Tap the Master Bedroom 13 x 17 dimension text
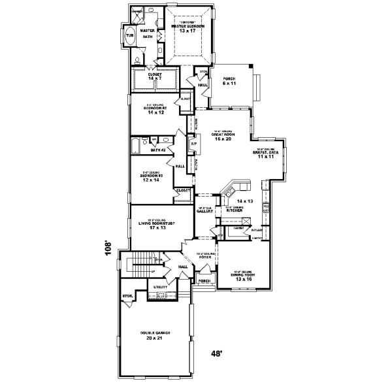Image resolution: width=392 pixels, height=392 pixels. pos(188,31)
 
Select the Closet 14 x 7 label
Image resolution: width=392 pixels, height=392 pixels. pos(155,77)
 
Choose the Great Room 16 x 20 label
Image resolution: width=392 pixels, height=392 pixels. pos(220,137)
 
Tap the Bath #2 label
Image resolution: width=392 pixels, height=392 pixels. pos(157,150)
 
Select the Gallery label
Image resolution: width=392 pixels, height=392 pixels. pos(206,212)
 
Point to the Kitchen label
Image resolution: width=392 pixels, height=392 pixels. pos(235,211)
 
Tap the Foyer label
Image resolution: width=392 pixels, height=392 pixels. pos(206,256)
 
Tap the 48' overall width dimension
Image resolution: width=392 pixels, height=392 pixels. pos(216,354)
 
